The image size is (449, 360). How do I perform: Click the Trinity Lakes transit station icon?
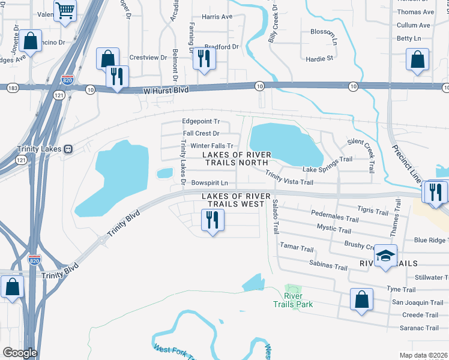point(68,149)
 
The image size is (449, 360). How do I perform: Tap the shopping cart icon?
point(65,10)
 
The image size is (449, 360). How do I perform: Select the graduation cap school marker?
point(385,257)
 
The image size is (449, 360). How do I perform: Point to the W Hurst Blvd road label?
point(166,90)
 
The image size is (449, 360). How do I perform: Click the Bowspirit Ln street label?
point(209,183)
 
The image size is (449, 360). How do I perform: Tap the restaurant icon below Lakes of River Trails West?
point(211,220)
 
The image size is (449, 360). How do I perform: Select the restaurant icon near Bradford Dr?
point(205,59)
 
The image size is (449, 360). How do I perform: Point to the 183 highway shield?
point(12,88)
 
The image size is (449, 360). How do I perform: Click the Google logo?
point(20,353)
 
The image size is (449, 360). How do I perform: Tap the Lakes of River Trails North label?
point(237,158)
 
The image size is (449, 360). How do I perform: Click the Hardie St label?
point(319,59)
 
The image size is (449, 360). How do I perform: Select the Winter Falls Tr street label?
point(211,146)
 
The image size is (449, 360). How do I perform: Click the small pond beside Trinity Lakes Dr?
point(164,174)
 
